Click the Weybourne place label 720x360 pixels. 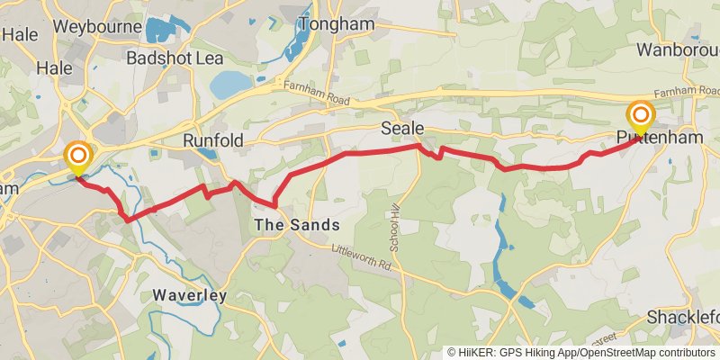(x=96, y=26)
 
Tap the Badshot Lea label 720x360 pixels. (x=174, y=58)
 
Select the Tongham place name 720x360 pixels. (x=337, y=24)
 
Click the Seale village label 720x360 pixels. (x=401, y=129)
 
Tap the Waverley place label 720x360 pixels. (x=188, y=294)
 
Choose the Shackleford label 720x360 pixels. (x=684, y=318)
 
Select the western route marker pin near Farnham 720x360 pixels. (x=77, y=159)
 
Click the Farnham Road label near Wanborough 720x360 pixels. (x=687, y=92)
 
